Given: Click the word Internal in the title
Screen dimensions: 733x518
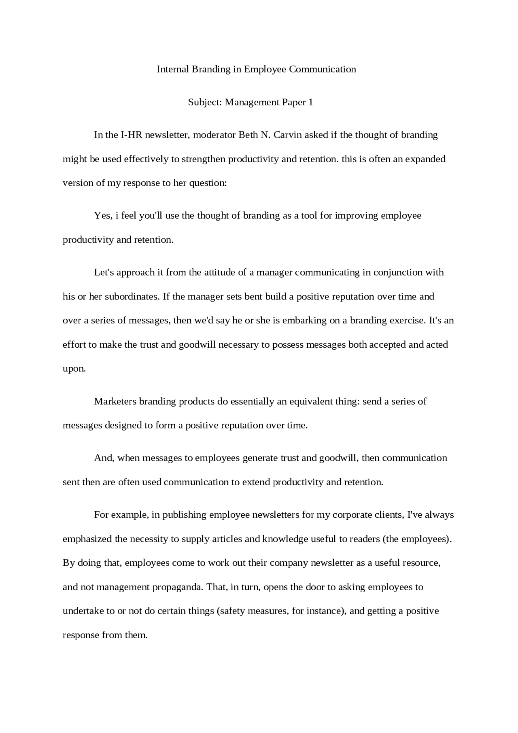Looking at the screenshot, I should (x=173, y=69).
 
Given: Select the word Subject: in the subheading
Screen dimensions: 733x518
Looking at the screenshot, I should (x=205, y=102).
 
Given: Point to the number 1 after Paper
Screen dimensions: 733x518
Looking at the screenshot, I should (x=311, y=102).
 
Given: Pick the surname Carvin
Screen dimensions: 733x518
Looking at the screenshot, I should (x=287, y=135).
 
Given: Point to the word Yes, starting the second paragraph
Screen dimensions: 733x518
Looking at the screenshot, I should (x=103, y=215).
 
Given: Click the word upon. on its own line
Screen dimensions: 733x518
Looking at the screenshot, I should (x=74, y=369).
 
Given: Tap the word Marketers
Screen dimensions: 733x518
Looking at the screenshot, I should (x=115, y=402).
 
